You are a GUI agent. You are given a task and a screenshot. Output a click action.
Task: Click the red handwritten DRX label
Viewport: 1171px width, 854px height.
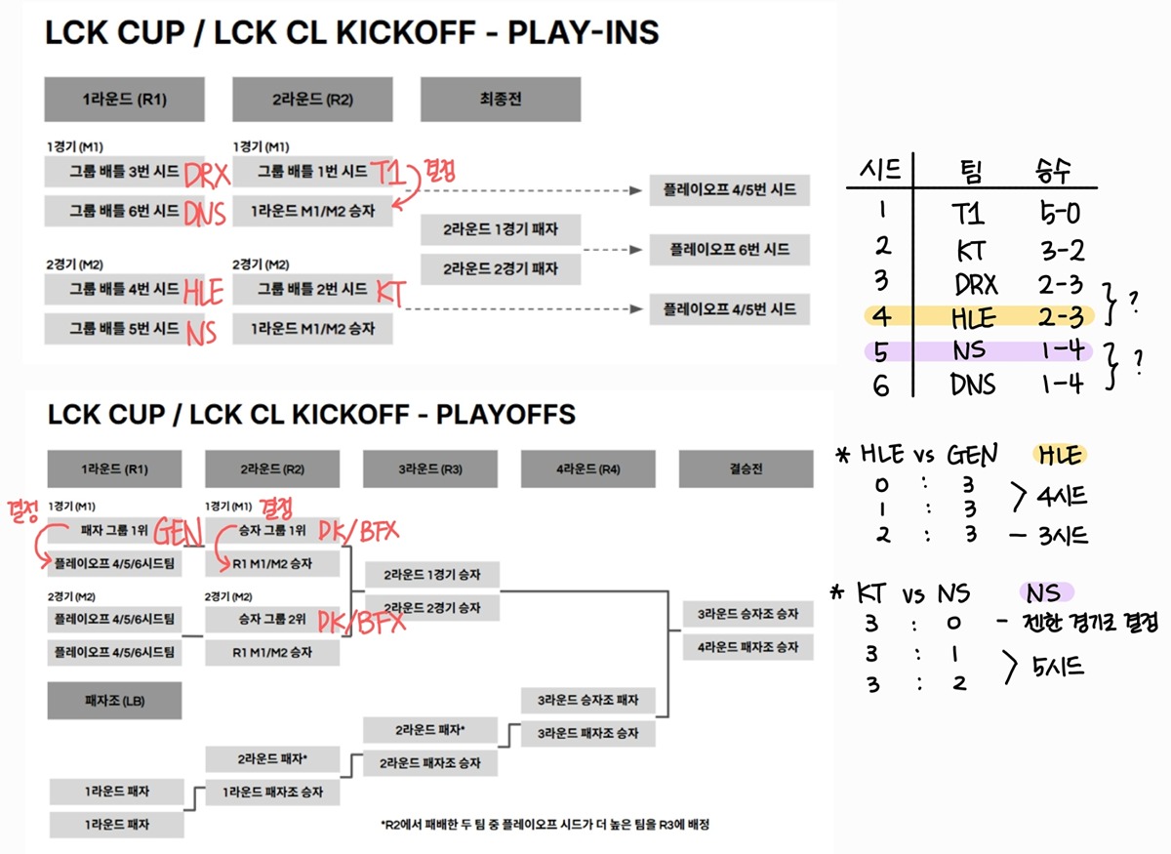(x=206, y=175)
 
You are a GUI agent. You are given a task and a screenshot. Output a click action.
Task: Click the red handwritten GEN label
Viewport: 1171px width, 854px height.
(x=177, y=532)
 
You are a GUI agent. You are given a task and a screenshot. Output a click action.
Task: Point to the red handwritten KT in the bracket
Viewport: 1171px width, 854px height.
(x=390, y=291)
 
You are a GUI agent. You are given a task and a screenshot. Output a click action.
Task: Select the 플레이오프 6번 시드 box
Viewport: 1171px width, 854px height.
(x=730, y=250)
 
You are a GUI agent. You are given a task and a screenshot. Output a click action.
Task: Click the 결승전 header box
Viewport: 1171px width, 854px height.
(x=746, y=468)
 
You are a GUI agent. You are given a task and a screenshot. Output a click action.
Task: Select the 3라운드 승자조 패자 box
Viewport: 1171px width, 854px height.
(x=587, y=700)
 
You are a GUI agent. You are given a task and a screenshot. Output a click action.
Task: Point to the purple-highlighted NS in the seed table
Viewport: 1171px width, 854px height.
(x=970, y=350)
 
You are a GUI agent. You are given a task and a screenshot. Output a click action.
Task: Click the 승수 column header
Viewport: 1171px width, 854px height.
(x=1054, y=173)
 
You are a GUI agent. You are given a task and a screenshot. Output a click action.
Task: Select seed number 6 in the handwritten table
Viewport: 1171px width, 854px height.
(x=882, y=386)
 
